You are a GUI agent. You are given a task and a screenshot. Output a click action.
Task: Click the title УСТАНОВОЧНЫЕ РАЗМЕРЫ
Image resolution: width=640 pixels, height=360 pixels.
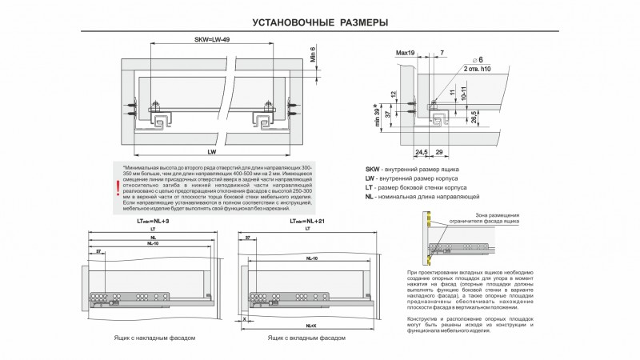point(320,22)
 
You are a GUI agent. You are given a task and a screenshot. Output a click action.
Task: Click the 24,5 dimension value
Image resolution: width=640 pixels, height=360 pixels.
point(422,150)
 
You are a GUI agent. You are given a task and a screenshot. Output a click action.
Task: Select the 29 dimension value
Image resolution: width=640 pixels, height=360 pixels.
point(439,150)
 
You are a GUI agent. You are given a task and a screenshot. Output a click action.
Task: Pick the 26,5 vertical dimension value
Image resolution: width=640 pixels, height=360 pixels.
point(474,116)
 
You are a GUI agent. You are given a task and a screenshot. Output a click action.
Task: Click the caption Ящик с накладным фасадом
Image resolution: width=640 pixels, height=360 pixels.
point(154,338)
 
